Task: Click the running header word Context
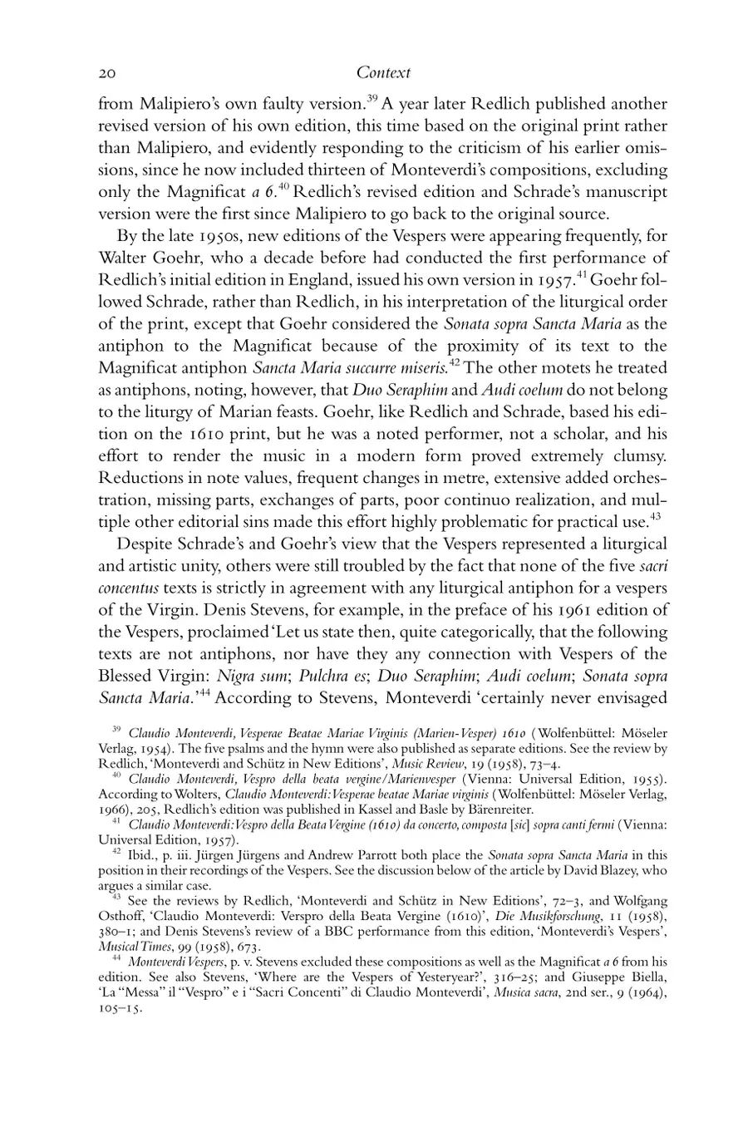[x=383, y=73]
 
